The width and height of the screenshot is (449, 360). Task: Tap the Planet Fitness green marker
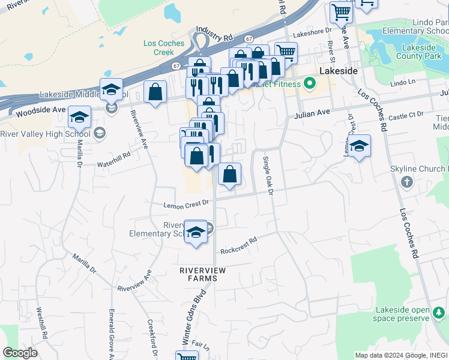309,83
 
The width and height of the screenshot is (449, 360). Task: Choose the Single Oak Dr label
268,175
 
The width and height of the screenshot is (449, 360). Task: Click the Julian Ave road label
312,112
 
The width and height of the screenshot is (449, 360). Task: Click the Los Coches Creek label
159,47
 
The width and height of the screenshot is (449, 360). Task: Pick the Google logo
20,353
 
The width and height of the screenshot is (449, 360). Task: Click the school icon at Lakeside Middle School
112,108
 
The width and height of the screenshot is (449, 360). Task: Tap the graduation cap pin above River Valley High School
79,117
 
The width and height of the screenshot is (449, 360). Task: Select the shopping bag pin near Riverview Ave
155,92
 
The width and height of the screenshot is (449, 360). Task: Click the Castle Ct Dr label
406,113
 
